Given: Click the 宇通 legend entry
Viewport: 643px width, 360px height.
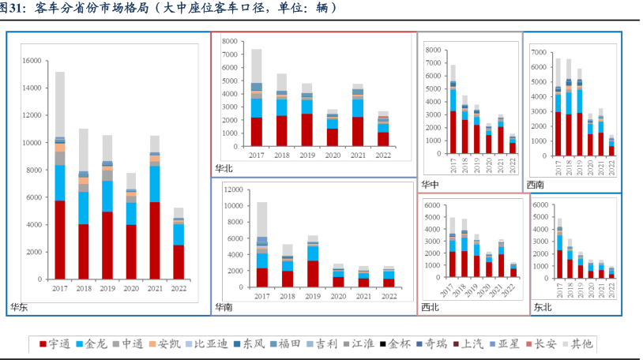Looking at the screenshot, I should coord(55,343).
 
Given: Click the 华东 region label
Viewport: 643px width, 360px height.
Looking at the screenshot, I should coord(18,307).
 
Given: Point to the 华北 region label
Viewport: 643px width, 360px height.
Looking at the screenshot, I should coord(224,169).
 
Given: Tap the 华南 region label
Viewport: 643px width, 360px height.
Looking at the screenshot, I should coord(224,307).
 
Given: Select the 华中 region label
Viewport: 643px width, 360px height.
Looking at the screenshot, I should coord(431,185).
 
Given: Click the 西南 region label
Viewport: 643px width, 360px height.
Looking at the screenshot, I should coord(536,185).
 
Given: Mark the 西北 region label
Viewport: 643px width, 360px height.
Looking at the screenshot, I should coord(431,307).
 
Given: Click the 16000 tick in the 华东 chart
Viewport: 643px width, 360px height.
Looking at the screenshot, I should coord(32,61).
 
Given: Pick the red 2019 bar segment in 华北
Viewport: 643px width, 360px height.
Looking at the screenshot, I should coord(307,129).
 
